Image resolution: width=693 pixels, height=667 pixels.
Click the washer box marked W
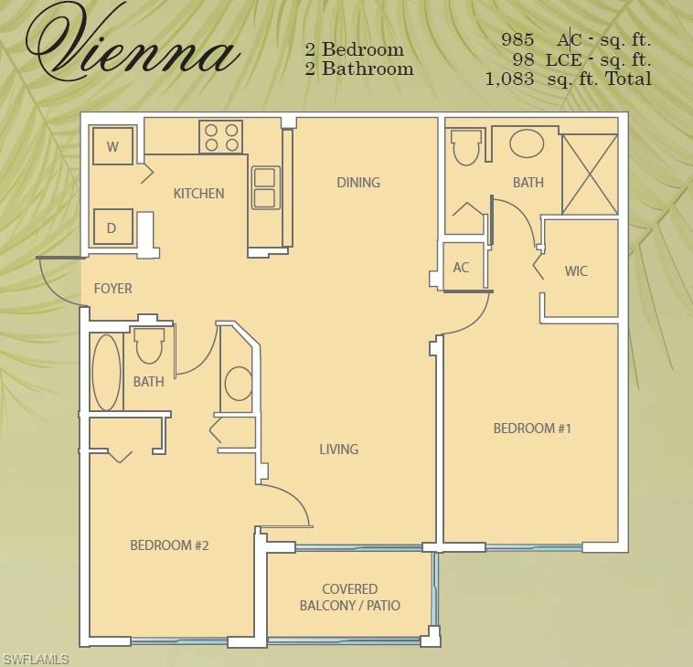click(x=112, y=146)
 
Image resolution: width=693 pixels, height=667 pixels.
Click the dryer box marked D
click(x=112, y=228)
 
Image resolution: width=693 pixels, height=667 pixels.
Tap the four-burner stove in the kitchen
click(x=220, y=138)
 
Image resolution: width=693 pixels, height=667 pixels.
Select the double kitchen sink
click(x=265, y=187)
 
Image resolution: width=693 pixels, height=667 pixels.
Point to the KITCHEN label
click(x=198, y=194)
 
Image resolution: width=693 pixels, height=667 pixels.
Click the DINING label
click(x=357, y=182)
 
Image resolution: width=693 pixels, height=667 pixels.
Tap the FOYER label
click(x=112, y=289)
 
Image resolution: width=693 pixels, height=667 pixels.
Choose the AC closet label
click(x=461, y=268)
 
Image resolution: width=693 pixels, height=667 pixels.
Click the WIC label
click(x=576, y=271)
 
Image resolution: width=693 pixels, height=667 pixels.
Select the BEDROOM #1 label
click(x=532, y=428)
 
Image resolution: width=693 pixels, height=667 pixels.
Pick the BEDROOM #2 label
click(x=169, y=545)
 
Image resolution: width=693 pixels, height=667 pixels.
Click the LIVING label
click(x=338, y=449)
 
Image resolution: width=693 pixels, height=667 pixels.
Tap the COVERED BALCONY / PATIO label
click(x=349, y=598)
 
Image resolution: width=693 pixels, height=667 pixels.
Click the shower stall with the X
click(x=589, y=174)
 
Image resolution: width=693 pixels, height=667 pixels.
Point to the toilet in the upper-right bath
click(x=467, y=146)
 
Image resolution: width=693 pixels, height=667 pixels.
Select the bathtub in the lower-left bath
click(x=107, y=373)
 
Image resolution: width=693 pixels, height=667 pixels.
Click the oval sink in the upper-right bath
click(x=527, y=144)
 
